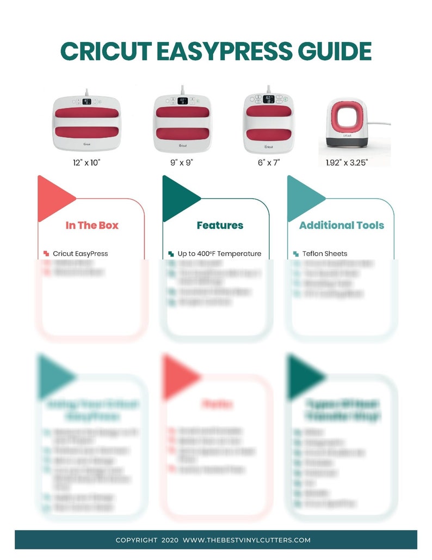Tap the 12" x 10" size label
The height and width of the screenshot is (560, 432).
[x=87, y=162]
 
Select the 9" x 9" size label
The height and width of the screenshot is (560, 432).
[x=182, y=162]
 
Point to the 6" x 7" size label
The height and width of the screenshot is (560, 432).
[x=268, y=162]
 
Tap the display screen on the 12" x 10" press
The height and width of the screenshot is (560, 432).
[x=87, y=101]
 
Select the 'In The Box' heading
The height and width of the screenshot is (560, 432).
[x=92, y=225]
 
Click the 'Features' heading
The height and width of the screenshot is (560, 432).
[x=220, y=225]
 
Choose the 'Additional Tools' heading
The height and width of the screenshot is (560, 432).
[x=342, y=225]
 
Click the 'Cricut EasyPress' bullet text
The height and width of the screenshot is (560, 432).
[x=81, y=253]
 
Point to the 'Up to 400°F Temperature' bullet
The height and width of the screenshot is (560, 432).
[x=219, y=253]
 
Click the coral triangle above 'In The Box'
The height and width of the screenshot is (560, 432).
[x=52, y=198]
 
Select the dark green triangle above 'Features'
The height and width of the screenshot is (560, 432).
[x=177, y=198]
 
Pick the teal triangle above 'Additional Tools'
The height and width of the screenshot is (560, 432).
[x=301, y=198]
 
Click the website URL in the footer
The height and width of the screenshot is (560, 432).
[x=246, y=540]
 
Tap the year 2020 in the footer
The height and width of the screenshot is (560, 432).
[x=169, y=540]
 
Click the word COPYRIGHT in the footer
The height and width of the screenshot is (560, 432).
[x=136, y=540]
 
